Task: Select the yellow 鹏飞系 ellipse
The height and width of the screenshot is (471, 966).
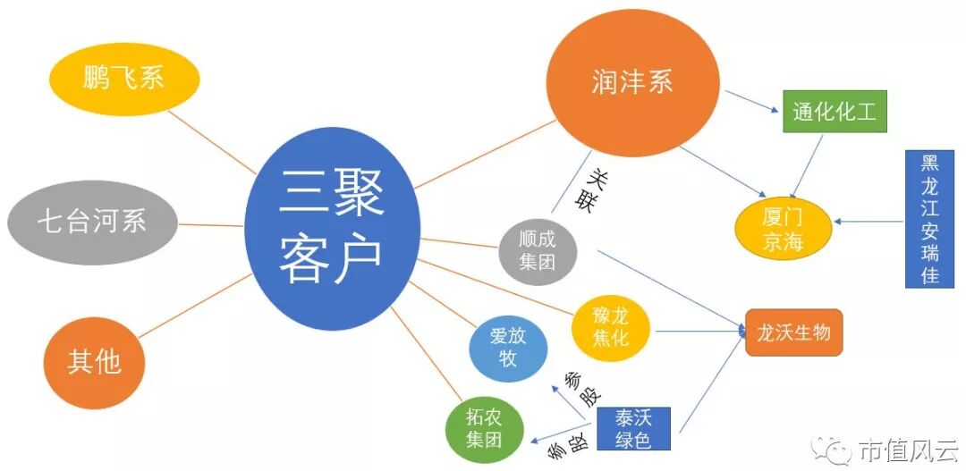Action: [123, 79]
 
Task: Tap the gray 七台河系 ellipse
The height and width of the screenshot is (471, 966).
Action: [92, 220]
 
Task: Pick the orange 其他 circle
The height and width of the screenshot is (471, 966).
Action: [94, 361]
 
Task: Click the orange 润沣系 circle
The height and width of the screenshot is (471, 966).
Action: [631, 82]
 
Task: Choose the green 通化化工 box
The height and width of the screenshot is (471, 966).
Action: [834, 112]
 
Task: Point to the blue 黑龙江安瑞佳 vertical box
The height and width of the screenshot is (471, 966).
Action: [930, 218]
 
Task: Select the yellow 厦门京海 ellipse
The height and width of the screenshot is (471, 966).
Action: [784, 230]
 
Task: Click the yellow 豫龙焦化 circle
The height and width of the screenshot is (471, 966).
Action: [612, 327]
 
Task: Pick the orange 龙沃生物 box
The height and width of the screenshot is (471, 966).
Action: [793, 333]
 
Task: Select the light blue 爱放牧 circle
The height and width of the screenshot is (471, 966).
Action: [508, 348]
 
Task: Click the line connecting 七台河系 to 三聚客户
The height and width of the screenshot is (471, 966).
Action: [209, 223]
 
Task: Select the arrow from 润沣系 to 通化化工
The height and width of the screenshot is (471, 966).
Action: [751, 100]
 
